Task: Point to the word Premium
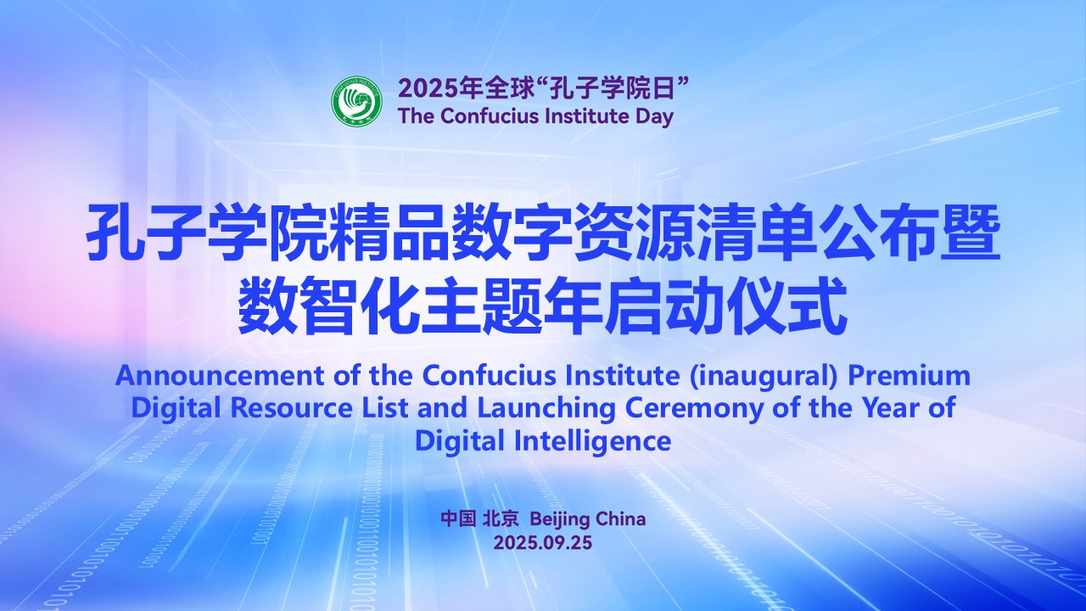pyautogui.click(x=909, y=376)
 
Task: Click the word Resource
pyautogui.click(x=291, y=408)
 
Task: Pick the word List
pyautogui.click(x=384, y=408)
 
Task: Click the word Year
pyautogui.click(x=883, y=408)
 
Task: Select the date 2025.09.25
pyautogui.click(x=543, y=542)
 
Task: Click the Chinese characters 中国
pyautogui.click(x=458, y=519)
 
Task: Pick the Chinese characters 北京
pyautogui.click(x=501, y=519)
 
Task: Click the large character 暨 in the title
pyautogui.click(x=971, y=233)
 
